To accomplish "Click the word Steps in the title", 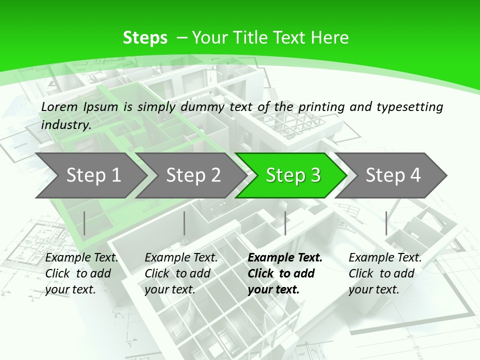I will coord(145,38).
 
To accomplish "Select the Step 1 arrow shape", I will coord(93,175).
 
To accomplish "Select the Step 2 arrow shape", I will coord(193,175).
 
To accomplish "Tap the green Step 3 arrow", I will coord(292,175).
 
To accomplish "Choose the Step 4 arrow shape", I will coord(393,175).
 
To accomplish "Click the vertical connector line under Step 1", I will coord(84,223).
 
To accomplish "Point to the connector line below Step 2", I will coord(184,223).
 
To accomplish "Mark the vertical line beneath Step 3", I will coord(285,223).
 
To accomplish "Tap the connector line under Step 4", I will coord(386,223).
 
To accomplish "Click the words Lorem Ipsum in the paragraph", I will coord(79,106).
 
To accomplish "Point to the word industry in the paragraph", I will coord(65,124).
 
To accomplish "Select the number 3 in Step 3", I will coord(315,175).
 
